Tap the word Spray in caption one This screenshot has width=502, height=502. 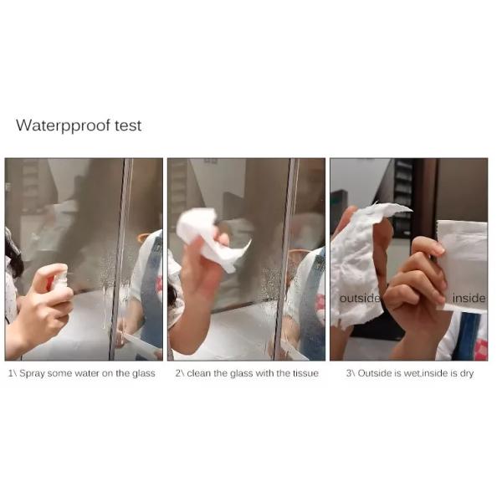(x=32, y=374)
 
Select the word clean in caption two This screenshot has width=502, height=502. (x=199, y=373)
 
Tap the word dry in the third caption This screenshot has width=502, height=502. (x=467, y=374)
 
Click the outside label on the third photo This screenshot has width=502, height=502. (x=360, y=299)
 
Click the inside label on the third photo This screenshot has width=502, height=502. (x=469, y=299)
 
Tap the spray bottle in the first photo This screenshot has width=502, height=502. (x=59, y=281)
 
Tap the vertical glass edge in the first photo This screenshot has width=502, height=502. (x=119, y=259)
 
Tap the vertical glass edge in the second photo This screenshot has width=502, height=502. (x=285, y=259)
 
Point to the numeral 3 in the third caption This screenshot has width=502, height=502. (x=348, y=373)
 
